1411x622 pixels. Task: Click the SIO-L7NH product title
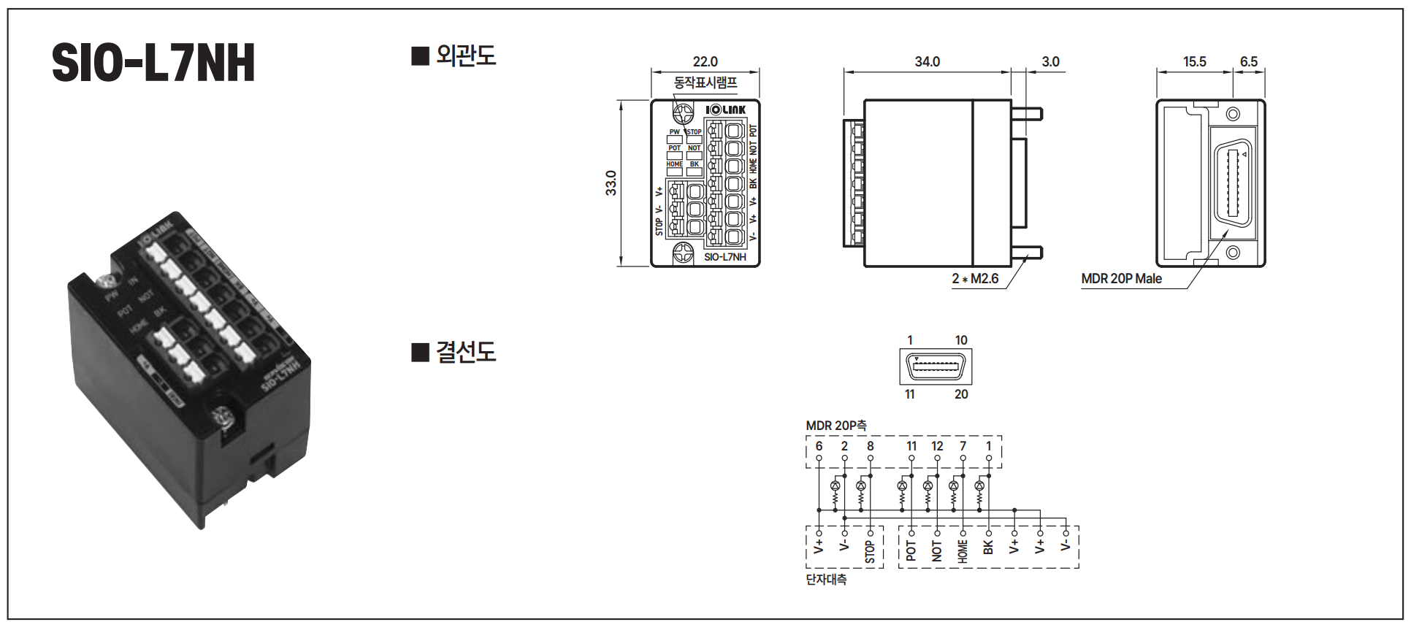[153, 63]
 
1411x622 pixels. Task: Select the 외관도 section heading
[465, 55]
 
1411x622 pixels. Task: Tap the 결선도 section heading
[465, 352]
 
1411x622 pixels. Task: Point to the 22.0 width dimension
[705, 62]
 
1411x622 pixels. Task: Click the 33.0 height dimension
[611, 183]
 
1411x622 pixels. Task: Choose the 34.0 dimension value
[927, 62]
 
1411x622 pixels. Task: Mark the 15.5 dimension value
[1194, 62]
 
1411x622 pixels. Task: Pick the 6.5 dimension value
[1248, 62]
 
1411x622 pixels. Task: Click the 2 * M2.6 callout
[975, 279]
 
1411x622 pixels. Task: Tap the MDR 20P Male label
[1121, 279]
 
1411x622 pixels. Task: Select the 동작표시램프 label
[705, 82]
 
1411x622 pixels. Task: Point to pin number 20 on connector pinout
[961, 394]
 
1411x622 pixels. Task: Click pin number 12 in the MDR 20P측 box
[937, 446]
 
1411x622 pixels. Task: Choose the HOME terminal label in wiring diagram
[963, 551]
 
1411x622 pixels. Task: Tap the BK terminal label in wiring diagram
[988, 548]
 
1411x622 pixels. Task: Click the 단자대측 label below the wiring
[826, 580]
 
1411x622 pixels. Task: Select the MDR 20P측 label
[836, 426]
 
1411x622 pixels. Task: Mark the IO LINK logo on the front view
[726, 110]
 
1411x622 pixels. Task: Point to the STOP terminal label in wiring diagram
[870, 551]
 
